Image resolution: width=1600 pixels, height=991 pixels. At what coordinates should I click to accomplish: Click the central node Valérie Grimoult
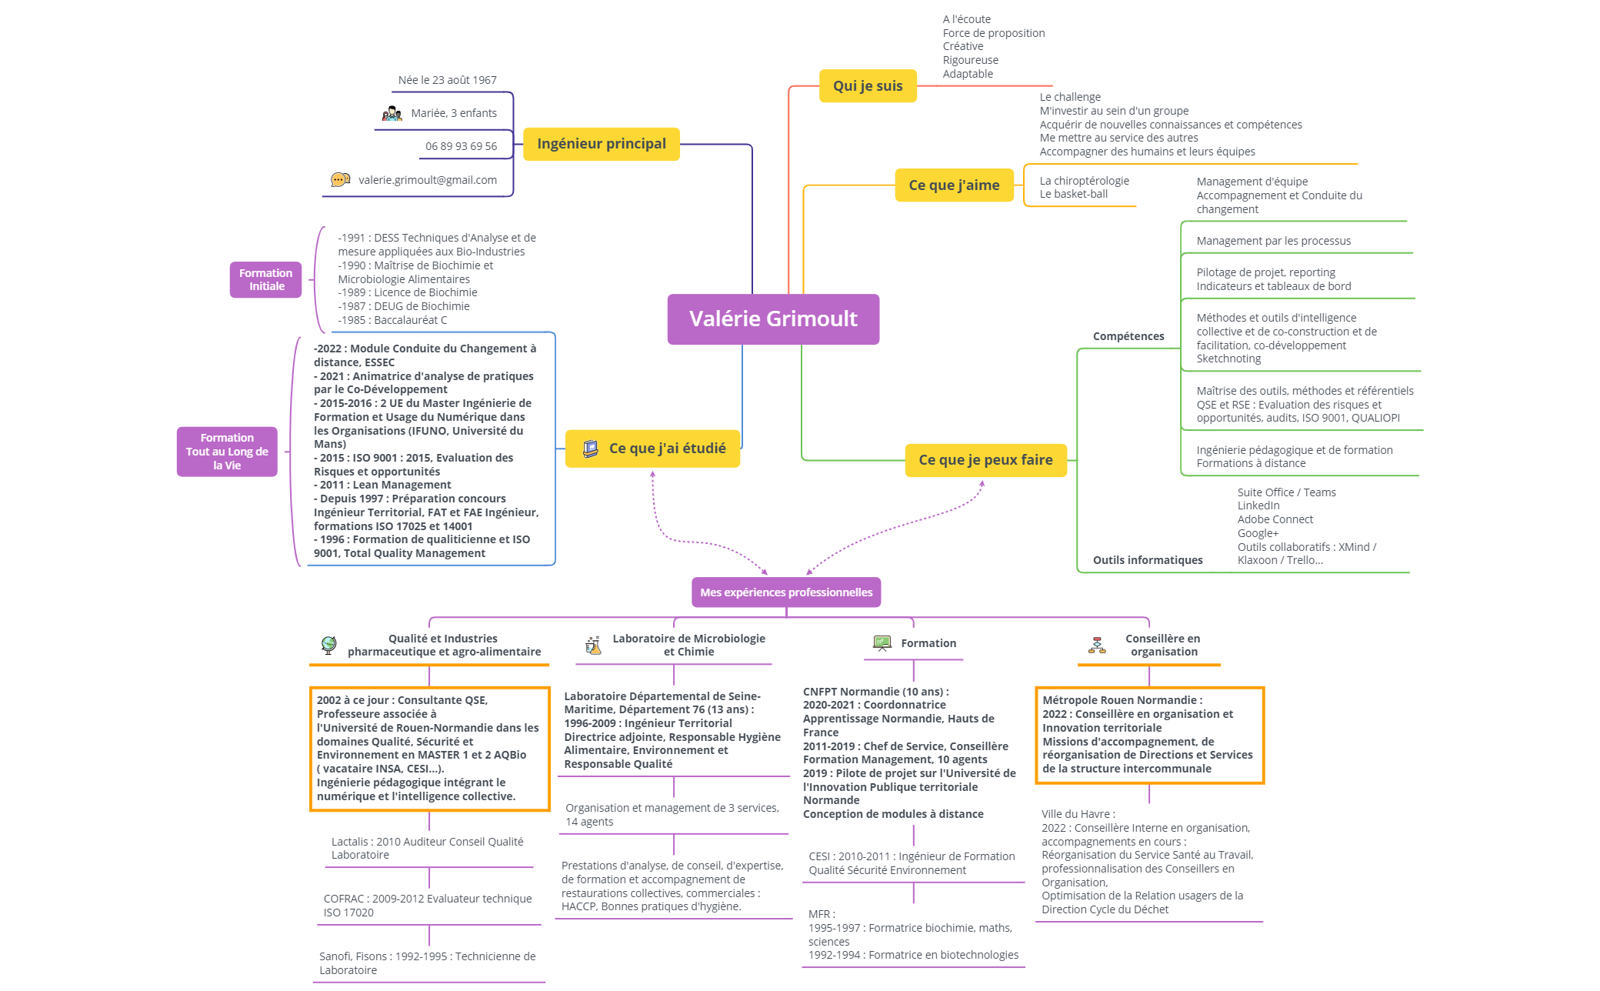(773, 319)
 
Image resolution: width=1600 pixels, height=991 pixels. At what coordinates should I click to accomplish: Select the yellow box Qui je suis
(868, 85)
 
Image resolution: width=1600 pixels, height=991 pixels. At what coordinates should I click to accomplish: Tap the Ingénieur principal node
(602, 144)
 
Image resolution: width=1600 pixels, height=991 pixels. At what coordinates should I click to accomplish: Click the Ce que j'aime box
(954, 185)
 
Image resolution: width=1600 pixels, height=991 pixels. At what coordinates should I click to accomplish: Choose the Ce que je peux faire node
(985, 460)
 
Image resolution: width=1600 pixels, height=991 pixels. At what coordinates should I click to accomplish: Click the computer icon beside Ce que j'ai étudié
(591, 449)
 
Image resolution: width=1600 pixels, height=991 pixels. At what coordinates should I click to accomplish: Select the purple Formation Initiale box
(265, 279)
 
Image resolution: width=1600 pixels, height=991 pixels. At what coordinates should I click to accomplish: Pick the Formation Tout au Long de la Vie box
(227, 452)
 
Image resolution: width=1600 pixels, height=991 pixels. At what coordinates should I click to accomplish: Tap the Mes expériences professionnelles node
(786, 592)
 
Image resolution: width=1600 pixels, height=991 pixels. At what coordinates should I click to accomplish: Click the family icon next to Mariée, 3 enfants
(392, 114)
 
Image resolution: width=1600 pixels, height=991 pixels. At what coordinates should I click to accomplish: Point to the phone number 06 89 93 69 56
(462, 146)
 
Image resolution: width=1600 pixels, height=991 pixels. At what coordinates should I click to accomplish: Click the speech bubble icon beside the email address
(340, 180)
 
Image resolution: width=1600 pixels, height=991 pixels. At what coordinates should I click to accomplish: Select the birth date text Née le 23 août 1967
(448, 80)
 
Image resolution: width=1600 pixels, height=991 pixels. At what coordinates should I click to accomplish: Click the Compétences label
(1128, 336)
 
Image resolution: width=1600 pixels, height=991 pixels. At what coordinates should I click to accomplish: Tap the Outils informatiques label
(1148, 560)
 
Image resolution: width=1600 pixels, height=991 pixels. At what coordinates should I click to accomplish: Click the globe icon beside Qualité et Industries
(329, 645)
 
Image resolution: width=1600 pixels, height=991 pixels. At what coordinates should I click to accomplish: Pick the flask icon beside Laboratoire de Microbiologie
(593, 645)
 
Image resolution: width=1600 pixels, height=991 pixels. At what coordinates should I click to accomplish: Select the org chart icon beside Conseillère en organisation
(1097, 645)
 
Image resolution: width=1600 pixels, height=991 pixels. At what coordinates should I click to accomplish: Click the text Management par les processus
(1274, 241)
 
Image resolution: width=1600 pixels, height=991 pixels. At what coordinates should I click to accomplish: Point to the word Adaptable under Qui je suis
(968, 74)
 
